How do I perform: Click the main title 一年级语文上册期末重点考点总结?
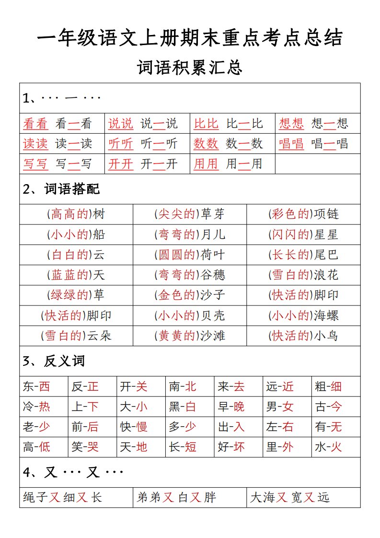pos(190,38)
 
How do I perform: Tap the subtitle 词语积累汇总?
pos(190,68)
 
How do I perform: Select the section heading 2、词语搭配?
pos(61,189)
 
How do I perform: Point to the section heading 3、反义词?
pos(54,361)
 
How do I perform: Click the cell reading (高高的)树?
pos(76,214)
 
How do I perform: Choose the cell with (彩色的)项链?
pos(303,214)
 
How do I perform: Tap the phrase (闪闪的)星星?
pos(303,234)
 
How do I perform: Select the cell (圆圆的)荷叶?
pos(189,255)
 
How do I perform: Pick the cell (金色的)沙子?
pos(189,295)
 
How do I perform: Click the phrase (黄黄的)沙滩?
pos(189,336)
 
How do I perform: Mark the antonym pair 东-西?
pos(36,386)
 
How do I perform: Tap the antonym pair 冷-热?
pos(36,407)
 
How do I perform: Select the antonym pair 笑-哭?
pos(85,447)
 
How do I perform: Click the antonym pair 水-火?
pos(328,447)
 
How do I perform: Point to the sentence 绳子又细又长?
pos(63,498)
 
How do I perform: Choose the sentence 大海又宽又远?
pos(290,498)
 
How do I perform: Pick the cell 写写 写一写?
pos(57,164)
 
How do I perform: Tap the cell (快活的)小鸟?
pos(303,336)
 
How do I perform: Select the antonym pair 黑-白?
pos(183,407)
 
